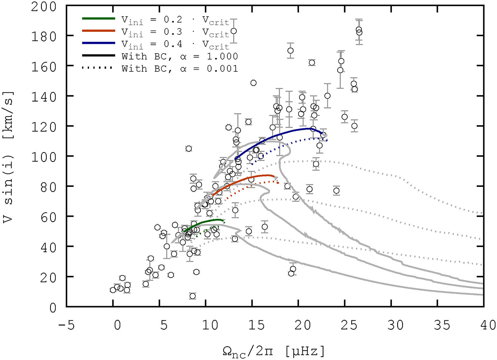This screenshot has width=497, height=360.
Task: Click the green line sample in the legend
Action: [x=98, y=18]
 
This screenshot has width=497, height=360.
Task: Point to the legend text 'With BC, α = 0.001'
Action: [x=180, y=68]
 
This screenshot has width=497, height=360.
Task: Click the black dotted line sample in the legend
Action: [x=98, y=68]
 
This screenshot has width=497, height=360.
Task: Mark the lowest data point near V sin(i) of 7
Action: [x=193, y=296]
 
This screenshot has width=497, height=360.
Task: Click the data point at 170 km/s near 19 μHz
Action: [x=290, y=51]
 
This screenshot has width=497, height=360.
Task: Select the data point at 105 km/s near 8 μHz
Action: [x=189, y=148]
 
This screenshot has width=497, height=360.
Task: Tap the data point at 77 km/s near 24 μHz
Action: [x=336, y=191]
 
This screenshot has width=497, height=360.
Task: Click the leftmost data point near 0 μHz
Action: [x=113, y=290]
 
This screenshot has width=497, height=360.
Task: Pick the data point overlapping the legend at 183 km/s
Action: [x=234, y=31]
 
